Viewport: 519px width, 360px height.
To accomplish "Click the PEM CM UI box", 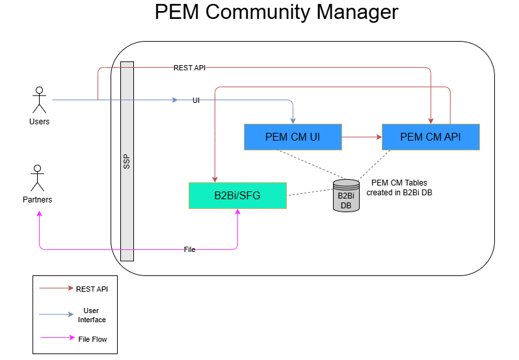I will [293, 137].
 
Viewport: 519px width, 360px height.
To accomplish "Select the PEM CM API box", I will [431, 137].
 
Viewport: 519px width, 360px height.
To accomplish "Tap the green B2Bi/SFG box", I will [237, 195].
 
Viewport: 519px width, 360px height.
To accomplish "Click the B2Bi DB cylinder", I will [345, 195].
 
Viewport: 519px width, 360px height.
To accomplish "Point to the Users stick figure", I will [39, 99].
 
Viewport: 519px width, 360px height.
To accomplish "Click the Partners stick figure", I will [37, 178].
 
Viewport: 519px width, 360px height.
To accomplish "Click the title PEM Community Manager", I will [276, 13].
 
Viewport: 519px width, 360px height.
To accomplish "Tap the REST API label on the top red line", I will [190, 68].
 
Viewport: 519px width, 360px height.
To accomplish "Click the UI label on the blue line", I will [196, 100].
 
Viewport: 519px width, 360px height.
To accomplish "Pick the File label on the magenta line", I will [189, 249].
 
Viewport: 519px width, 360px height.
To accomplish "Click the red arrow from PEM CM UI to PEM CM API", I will [362, 137].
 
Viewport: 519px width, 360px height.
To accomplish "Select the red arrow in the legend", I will [55, 288].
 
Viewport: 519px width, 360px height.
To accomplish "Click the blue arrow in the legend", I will [55, 315].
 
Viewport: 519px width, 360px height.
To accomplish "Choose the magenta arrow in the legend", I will [55, 339].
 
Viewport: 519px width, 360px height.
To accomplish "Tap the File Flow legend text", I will [92, 339].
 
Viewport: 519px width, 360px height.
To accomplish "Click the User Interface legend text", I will [92, 315].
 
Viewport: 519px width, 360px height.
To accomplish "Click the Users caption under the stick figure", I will [39, 122].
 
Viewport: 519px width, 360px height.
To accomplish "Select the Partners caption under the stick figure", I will [37, 200].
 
